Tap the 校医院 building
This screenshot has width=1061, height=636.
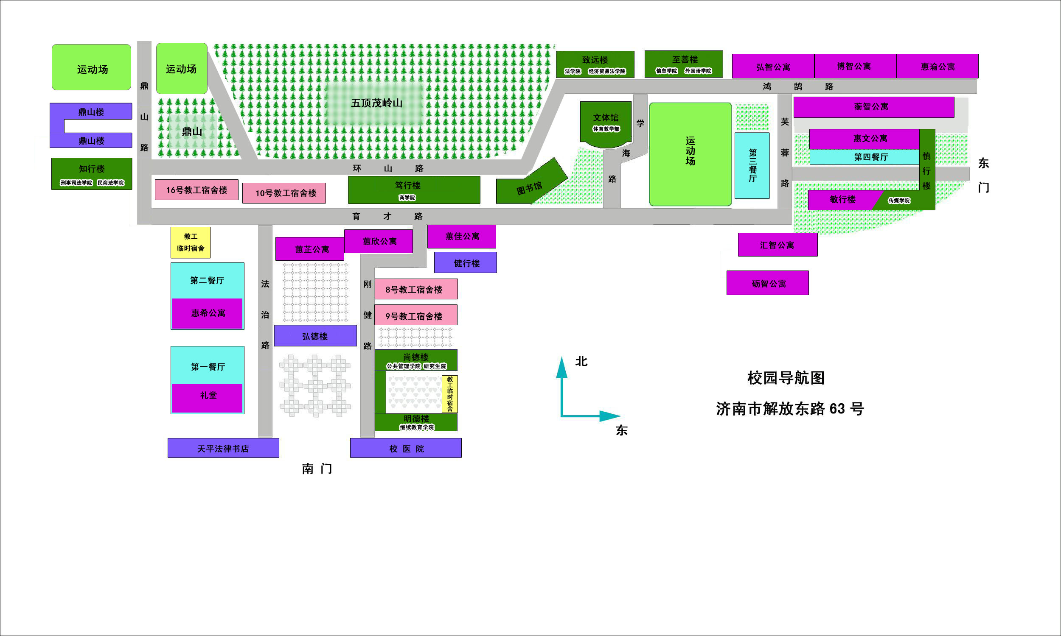tap(406, 448)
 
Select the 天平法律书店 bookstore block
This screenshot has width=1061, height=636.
tap(223, 448)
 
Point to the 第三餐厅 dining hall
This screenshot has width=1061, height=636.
tap(752, 165)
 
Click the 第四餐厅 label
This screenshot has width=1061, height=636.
tap(871, 157)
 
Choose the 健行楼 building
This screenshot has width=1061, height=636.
tap(465, 262)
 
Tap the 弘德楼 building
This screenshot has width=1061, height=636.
tap(315, 335)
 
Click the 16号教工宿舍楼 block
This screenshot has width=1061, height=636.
tap(196, 190)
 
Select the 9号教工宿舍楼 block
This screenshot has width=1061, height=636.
tap(415, 315)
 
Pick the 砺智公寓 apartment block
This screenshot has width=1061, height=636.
tap(768, 283)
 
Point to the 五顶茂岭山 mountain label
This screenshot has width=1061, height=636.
tap(376, 103)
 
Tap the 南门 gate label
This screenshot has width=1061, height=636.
tap(317, 469)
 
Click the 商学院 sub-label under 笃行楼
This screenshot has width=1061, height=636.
tap(407, 198)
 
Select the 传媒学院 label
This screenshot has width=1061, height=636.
tap(899, 201)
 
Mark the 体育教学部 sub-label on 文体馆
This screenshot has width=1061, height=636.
tap(606, 129)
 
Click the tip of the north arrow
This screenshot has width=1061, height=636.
tap(561, 357)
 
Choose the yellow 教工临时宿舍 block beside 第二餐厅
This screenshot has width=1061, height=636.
tap(191, 243)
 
